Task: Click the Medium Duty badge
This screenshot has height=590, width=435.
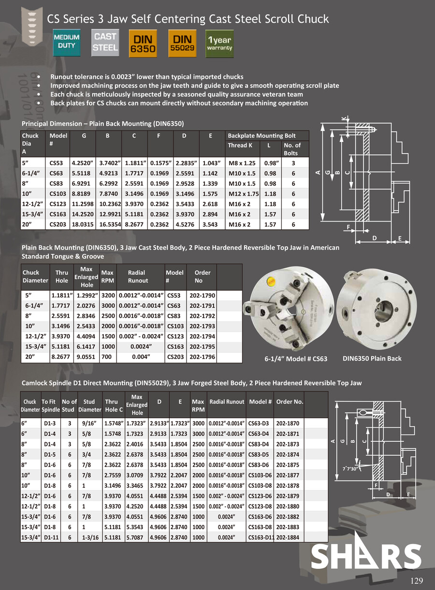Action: (66, 42)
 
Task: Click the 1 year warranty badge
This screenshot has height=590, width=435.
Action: (220, 43)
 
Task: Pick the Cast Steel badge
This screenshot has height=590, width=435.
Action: (105, 42)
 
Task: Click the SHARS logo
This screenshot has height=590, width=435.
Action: (366, 556)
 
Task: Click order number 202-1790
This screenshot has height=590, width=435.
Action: (202, 295)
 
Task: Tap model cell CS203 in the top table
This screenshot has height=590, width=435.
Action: (58, 225)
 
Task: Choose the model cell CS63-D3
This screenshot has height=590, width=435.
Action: (261, 423)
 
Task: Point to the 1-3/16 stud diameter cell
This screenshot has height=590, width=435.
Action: (89, 537)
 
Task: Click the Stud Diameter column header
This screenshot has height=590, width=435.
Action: (89, 406)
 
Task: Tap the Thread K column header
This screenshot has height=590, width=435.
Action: (240, 146)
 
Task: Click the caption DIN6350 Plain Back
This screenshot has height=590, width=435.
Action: (372, 358)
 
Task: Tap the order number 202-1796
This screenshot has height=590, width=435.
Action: (202, 357)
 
